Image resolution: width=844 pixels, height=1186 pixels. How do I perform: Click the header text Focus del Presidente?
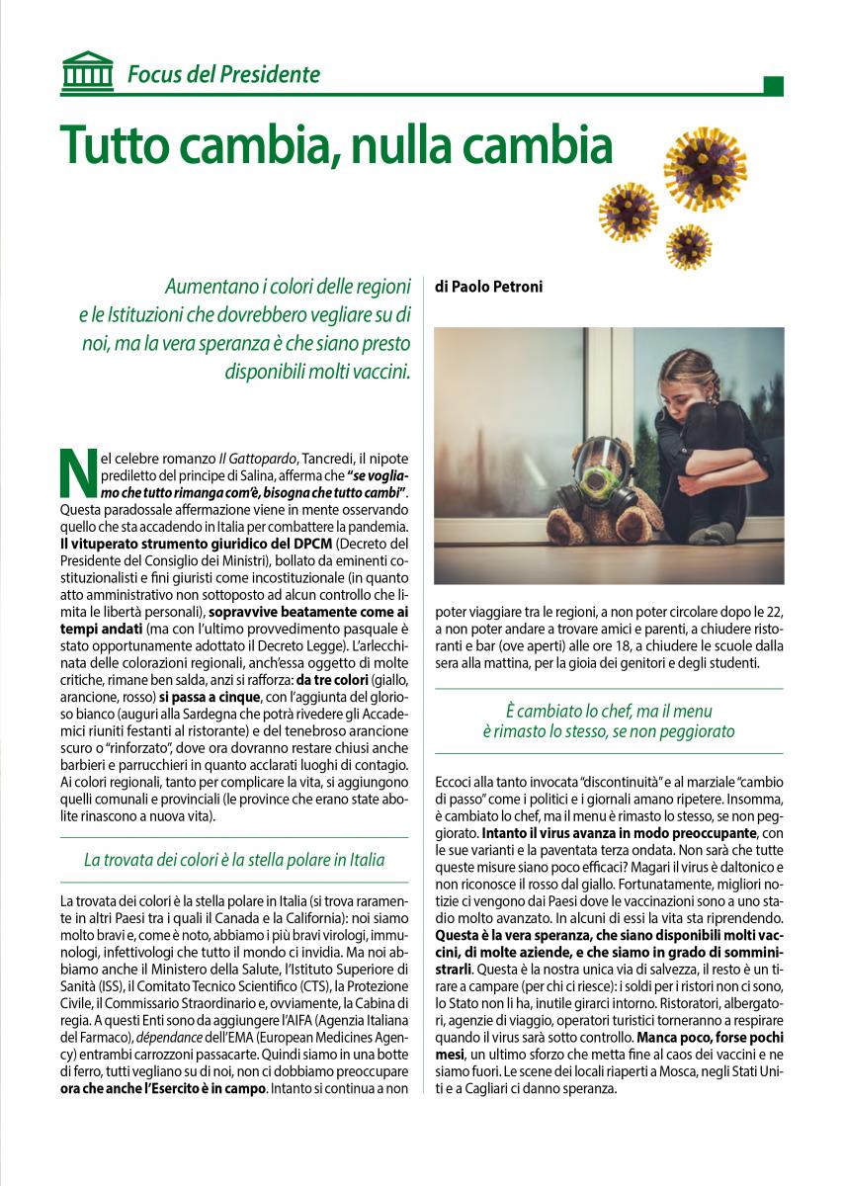tap(223, 74)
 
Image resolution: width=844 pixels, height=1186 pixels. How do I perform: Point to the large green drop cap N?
tap(77, 473)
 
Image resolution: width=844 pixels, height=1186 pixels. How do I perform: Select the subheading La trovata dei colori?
tap(234, 859)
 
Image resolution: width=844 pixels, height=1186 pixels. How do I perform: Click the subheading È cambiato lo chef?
tap(609, 720)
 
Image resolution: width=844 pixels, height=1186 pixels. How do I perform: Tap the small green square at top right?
tap(774, 86)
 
